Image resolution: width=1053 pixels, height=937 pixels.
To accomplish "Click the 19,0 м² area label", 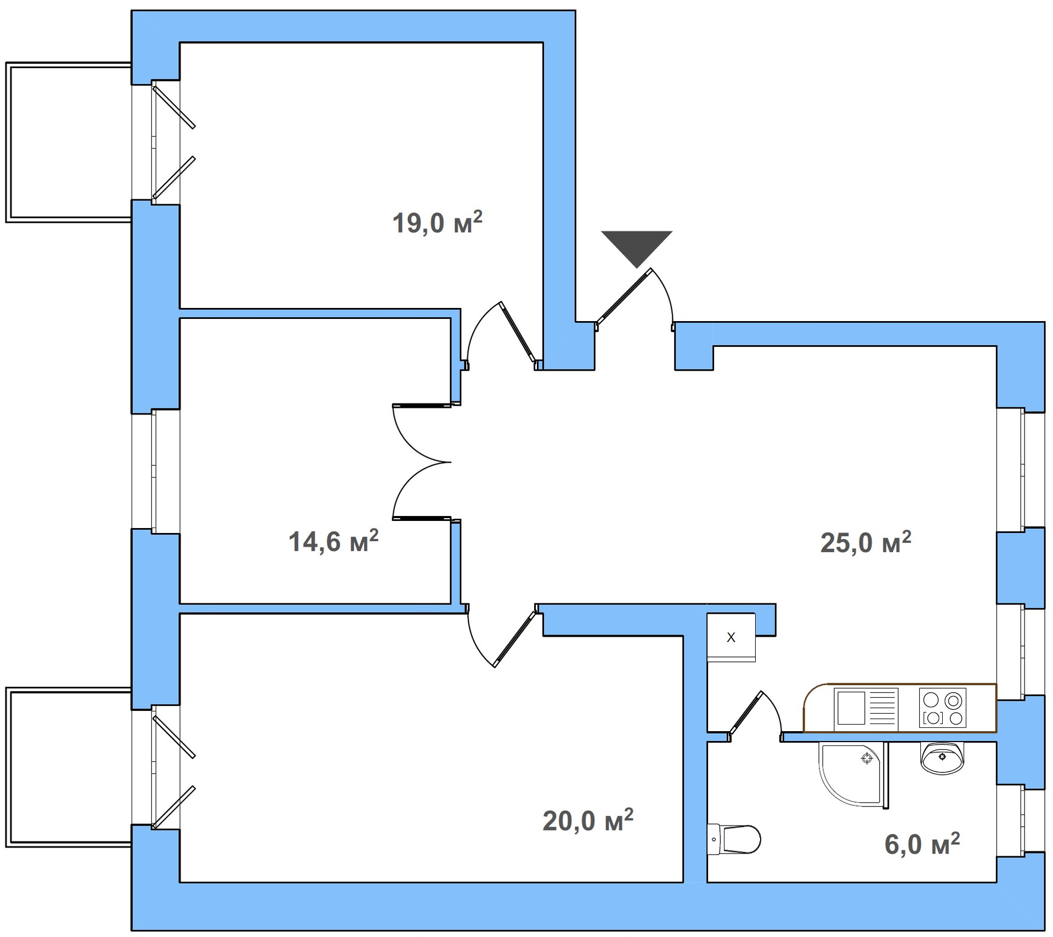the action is (437, 222).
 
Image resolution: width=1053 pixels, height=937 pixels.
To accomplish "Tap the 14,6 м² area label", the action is (333, 541).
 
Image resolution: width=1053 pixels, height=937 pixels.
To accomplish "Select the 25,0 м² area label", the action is (865, 542).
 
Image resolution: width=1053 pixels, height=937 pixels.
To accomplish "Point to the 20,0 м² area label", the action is (587, 821).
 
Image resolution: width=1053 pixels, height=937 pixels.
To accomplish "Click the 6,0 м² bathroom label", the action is (922, 844).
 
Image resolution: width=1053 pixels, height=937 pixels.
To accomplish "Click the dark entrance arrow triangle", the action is (637, 246).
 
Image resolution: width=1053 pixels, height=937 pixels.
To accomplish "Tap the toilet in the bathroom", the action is (735, 839).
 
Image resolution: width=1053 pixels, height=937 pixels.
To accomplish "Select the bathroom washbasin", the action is (942, 758).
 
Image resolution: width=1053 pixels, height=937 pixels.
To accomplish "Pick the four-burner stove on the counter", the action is (942, 709).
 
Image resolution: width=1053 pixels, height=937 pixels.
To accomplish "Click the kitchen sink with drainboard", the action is (865, 709).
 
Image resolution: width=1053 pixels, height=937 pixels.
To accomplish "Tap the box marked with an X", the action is (731, 637).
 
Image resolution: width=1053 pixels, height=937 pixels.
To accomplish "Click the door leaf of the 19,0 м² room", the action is (518, 332).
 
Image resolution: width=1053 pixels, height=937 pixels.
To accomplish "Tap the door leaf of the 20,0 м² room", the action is (515, 638).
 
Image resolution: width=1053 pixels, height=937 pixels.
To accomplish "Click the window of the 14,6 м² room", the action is (155, 471).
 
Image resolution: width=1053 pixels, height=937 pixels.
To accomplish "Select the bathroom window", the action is (1023, 820).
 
